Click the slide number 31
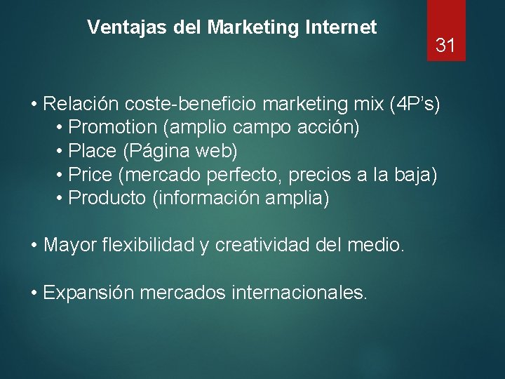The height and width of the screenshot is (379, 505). coord(446,46)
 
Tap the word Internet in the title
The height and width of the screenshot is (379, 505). coord(342,27)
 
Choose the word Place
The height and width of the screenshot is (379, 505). coord(94,151)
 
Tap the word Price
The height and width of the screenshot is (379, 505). coord(92,174)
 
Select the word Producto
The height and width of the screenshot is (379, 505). coord(107,198)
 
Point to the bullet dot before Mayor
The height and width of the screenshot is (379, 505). coord(34,246)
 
